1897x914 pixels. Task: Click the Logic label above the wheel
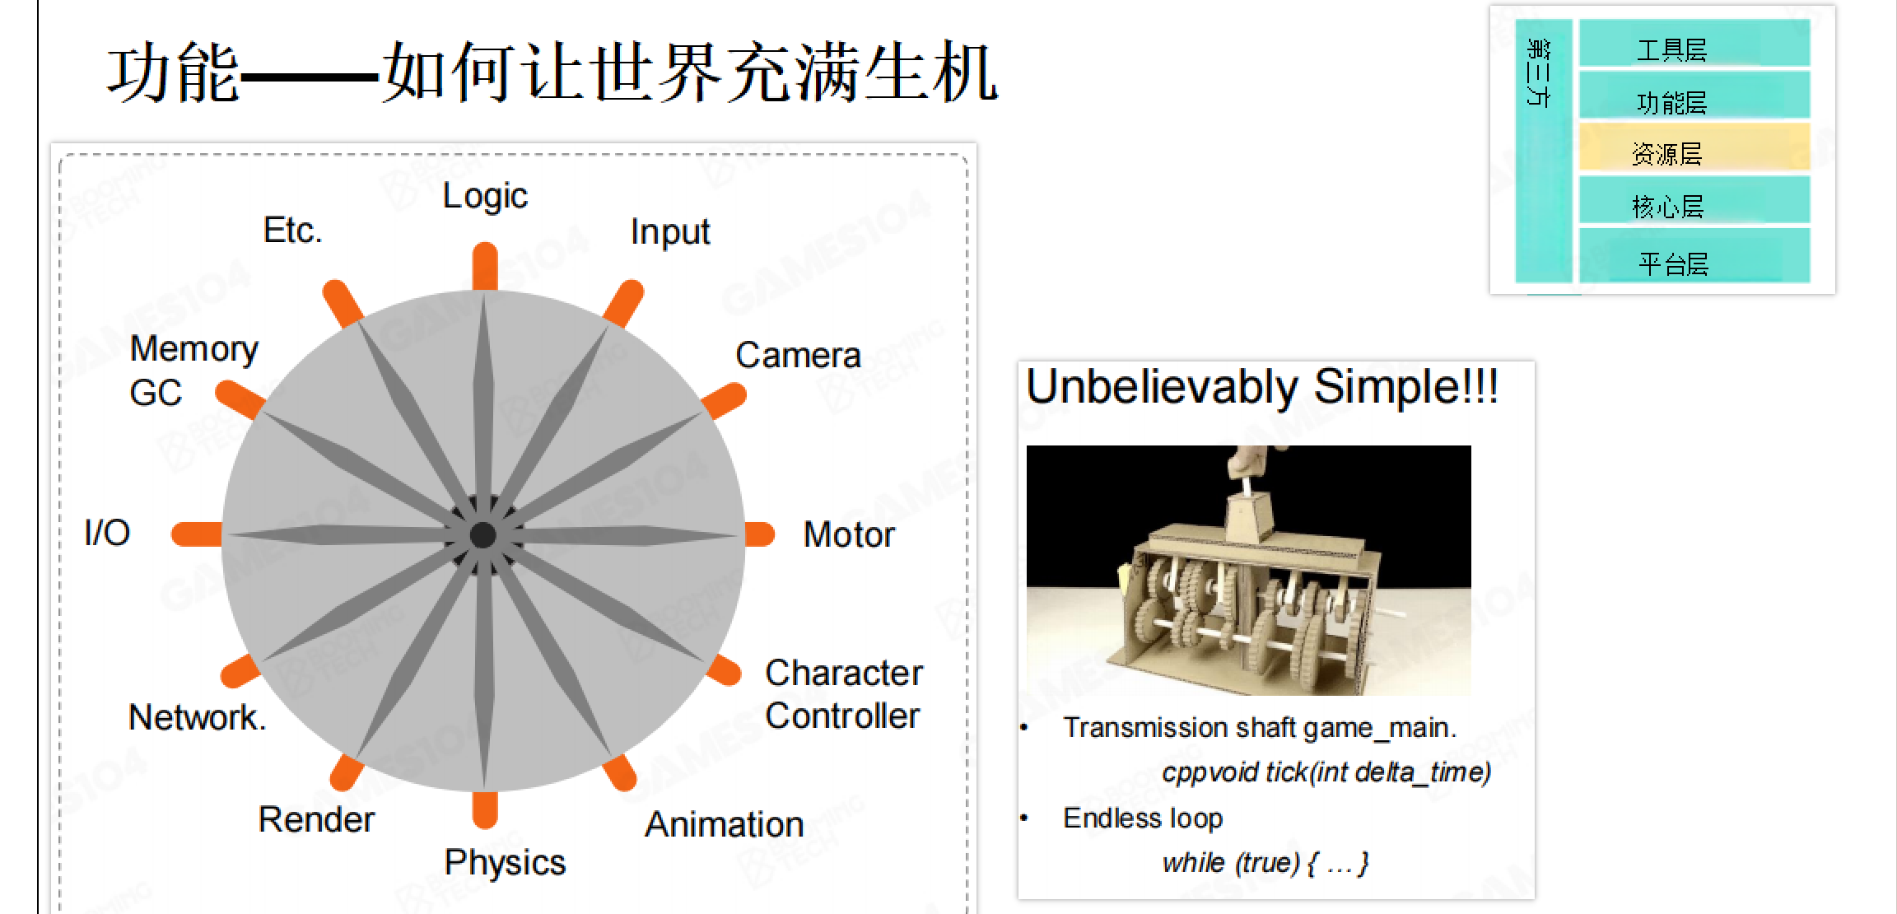pyautogui.click(x=485, y=196)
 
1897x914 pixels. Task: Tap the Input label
pyautogui.click(x=670, y=232)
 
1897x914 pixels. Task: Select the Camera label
pyautogui.click(x=798, y=355)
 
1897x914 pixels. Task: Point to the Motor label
pyautogui.click(x=849, y=534)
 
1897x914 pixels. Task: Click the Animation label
pyautogui.click(x=725, y=824)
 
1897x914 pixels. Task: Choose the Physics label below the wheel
pyautogui.click(x=505, y=863)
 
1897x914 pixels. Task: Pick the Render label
pyautogui.click(x=316, y=819)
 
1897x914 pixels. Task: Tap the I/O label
pyautogui.click(x=107, y=533)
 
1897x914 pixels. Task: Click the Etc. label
pyautogui.click(x=292, y=231)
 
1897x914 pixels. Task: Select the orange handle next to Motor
pyautogui.click(x=759, y=534)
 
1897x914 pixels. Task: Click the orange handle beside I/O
pyautogui.click(x=197, y=534)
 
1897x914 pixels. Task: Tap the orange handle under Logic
pyautogui.click(x=485, y=266)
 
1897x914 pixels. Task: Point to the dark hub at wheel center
pyautogui.click(x=483, y=535)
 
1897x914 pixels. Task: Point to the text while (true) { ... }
pyautogui.click(x=1265, y=863)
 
